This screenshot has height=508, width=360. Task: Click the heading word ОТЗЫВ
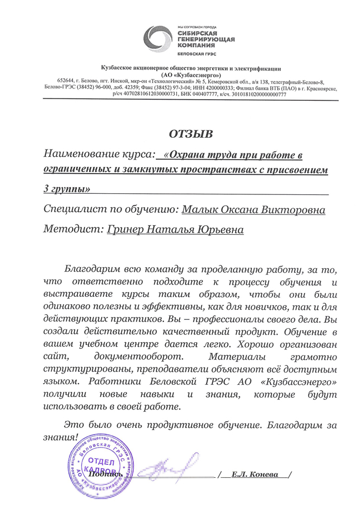[191, 134]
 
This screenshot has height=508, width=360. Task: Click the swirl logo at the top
[158, 41]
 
